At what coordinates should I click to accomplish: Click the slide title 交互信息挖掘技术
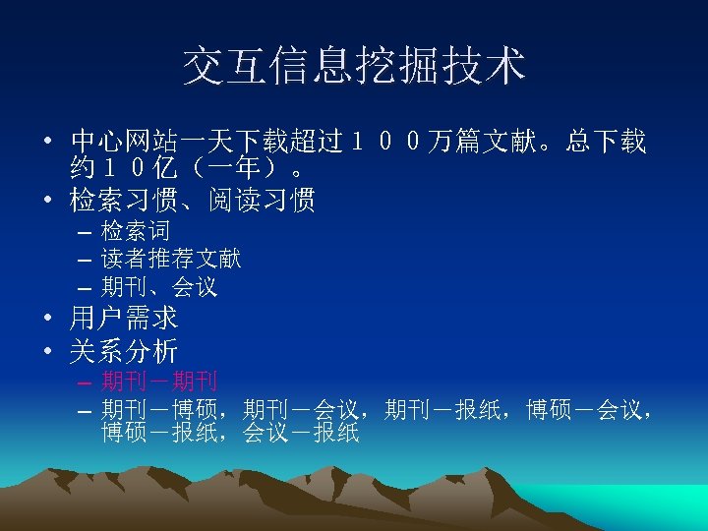(x=354, y=66)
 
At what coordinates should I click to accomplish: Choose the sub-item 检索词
(x=136, y=232)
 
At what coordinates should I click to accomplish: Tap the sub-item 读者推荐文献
(x=171, y=260)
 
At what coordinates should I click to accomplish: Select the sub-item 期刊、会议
(x=159, y=288)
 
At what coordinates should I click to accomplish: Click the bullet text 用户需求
(x=124, y=319)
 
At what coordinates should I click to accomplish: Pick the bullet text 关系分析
(x=124, y=350)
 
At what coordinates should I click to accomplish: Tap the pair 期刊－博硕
(x=159, y=408)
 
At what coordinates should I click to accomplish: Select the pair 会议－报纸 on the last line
(x=301, y=433)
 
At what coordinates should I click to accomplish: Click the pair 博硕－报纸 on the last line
(x=159, y=433)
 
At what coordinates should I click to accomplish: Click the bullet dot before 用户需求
(x=48, y=320)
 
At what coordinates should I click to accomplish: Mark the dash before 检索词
(x=82, y=233)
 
